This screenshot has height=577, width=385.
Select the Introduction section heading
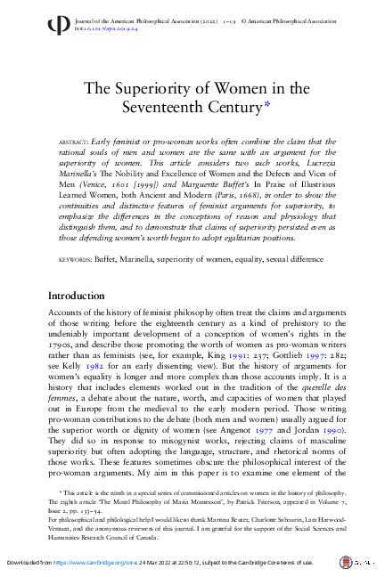click(88, 296)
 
